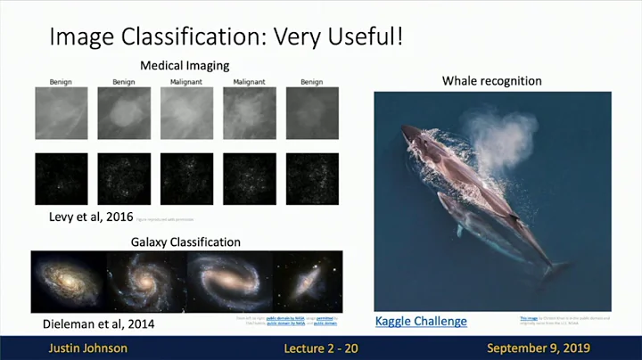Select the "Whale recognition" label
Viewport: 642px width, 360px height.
[491, 81]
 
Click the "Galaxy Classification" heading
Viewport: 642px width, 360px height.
[185, 241]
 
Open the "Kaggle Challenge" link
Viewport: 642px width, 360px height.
[421, 321]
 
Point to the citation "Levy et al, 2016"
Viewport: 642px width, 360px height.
[86, 217]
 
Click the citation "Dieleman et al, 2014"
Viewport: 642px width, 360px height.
[98, 323]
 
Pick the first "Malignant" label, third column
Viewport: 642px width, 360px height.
[186, 83]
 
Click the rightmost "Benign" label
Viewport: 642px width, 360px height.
[311, 83]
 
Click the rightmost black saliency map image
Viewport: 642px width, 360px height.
[311, 179]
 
